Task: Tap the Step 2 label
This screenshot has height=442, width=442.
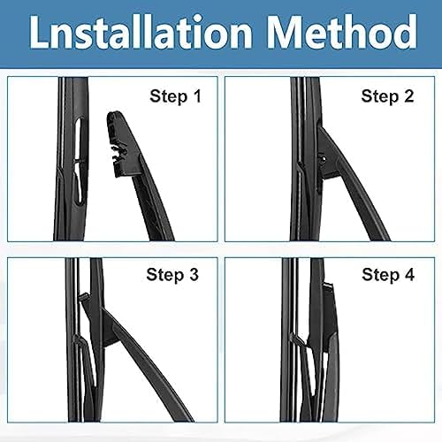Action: pos(387,96)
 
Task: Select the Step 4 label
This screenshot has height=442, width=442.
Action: pos(387,275)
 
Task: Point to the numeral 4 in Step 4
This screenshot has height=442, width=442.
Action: pos(408,275)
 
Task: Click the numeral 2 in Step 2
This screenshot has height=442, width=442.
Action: pos(408,96)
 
